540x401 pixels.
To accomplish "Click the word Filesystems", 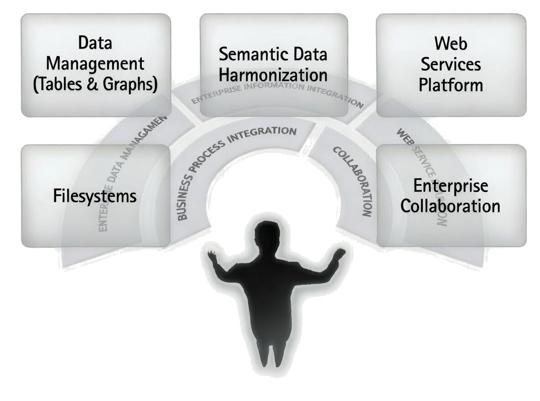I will [95, 196].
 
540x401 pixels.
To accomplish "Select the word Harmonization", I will [273, 74].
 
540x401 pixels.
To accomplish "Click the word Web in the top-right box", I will [451, 43].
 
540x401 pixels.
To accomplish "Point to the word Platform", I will [451, 85].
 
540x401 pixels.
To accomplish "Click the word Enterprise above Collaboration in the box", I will [451, 185].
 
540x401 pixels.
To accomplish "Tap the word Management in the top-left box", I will [95, 64].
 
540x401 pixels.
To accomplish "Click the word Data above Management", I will [95, 43].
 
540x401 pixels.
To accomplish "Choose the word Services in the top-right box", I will [451, 64].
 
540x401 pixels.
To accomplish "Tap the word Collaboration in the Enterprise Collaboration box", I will [451, 206].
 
